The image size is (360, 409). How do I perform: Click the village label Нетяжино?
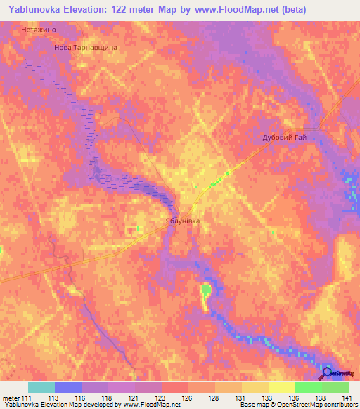(x=39, y=30)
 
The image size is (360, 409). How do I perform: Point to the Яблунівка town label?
(x=178, y=221)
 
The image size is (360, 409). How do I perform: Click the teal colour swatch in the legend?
(x=41, y=387)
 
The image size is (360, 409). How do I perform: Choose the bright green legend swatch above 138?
(x=308, y=387)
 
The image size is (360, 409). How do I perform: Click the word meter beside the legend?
(x=11, y=398)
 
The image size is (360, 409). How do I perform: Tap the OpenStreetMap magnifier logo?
(x=328, y=372)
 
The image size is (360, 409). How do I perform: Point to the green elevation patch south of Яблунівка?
(x=206, y=290)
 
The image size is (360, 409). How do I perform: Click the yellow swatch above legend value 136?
(x=281, y=387)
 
